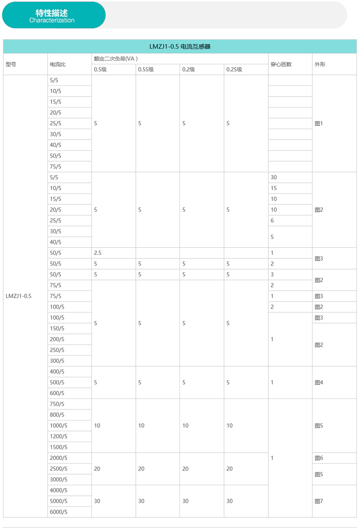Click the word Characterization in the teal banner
(52, 20)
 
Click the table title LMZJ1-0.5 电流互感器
(180, 47)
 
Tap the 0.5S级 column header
(146, 69)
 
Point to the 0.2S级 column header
(234, 69)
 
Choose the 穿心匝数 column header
(281, 64)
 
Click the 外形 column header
(320, 64)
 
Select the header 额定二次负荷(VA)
(116, 59)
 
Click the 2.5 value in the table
(97, 253)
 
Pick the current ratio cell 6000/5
(59, 512)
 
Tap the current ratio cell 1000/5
(59, 426)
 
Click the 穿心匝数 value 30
(274, 178)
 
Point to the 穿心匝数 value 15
(274, 188)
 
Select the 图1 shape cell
(319, 123)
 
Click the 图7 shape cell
(319, 501)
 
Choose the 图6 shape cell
(319, 458)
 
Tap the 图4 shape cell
(319, 383)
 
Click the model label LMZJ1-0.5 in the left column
(18, 296)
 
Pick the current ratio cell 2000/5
(59, 458)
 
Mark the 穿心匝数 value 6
(272, 221)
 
